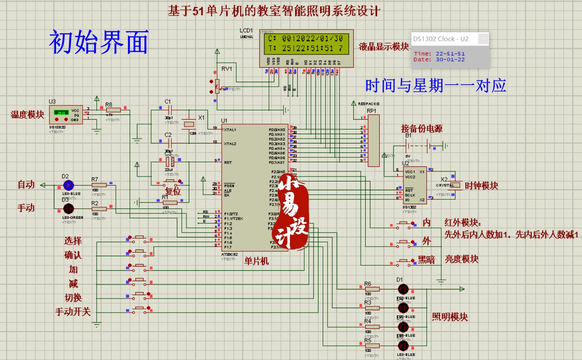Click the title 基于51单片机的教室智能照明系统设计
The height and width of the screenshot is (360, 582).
click(x=274, y=11)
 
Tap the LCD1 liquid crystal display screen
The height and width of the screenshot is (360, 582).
click(x=307, y=43)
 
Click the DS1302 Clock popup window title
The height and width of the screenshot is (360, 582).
click(x=440, y=39)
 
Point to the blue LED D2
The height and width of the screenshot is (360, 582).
click(x=68, y=185)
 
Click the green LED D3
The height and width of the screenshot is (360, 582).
click(x=68, y=208)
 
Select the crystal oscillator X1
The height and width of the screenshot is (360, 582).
click(x=189, y=123)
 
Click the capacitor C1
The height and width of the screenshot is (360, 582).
click(x=169, y=109)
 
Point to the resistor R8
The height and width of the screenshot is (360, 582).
click(x=113, y=110)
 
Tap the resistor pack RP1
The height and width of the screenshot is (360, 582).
click(x=373, y=141)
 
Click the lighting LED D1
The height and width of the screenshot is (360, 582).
click(x=403, y=289)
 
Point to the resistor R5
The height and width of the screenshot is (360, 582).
click(x=372, y=345)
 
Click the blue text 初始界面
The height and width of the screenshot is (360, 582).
click(x=99, y=42)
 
